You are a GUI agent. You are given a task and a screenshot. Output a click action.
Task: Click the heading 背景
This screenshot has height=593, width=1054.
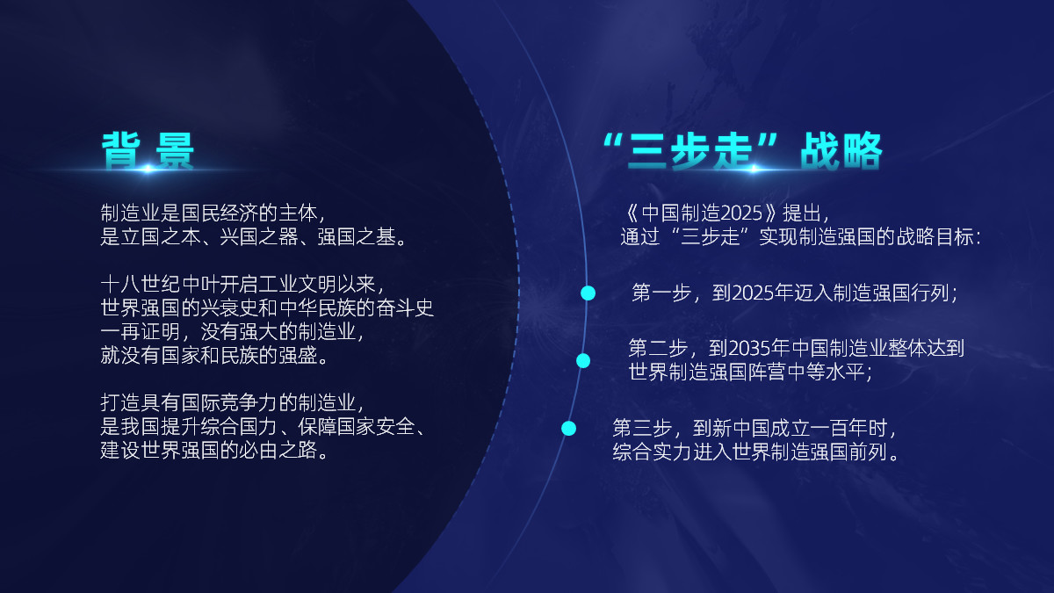pyautogui.click(x=148, y=152)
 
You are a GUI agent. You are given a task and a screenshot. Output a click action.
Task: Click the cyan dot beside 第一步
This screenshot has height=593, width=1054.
pyautogui.click(x=588, y=293)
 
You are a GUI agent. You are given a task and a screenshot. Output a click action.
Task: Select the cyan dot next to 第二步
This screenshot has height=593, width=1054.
pyautogui.click(x=582, y=360)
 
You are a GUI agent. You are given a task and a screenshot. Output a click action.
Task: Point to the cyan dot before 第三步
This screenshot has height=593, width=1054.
pyautogui.click(x=568, y=428)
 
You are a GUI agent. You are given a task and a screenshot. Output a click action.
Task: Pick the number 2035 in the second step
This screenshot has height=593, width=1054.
pyautogui.click(x=749, y=348)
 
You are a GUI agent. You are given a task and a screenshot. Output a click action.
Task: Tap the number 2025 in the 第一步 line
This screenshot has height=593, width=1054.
pyautogui.click(x=751, y=293)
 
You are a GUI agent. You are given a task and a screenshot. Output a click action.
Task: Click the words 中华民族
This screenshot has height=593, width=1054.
pyautogui.click(x=333, y=308)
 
